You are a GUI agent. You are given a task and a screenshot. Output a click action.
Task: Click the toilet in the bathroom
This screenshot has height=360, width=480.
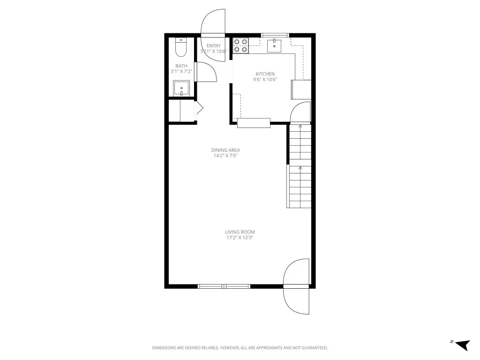(x=181, y=47)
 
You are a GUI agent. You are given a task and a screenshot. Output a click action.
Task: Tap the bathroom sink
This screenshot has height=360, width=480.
(x=181, y=88)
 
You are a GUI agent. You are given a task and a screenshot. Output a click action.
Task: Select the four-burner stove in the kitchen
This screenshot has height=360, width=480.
(x=241, y=45)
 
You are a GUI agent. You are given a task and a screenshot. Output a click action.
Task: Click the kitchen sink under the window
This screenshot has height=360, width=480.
(x=274, y=46)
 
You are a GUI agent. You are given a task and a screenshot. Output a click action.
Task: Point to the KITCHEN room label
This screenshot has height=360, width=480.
(x=265, y=74)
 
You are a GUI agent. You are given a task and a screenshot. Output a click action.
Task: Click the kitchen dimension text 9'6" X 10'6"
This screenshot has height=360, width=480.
(x=265, y=80)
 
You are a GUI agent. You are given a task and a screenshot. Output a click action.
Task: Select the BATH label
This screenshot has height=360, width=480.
(x=181, y=66)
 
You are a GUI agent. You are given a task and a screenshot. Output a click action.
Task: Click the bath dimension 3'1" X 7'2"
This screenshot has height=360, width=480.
(x=181, y=72)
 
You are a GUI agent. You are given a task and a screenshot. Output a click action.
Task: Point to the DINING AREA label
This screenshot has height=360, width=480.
(x=225, y=150)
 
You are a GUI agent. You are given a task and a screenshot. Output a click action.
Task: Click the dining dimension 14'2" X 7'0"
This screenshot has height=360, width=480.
(x=225, y=156)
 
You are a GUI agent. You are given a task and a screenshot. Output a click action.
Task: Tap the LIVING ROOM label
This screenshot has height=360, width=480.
(x=240, y=232)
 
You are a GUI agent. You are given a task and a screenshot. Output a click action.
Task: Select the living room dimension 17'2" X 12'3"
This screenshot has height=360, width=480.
(x=240, y=238)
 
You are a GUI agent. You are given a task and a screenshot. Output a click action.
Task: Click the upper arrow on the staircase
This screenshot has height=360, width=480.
(x=300, y=127)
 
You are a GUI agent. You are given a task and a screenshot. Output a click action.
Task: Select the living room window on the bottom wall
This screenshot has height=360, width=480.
(x=224, y=286)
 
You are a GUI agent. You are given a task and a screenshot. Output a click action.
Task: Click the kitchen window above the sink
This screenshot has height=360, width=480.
(x=274, y=35)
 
